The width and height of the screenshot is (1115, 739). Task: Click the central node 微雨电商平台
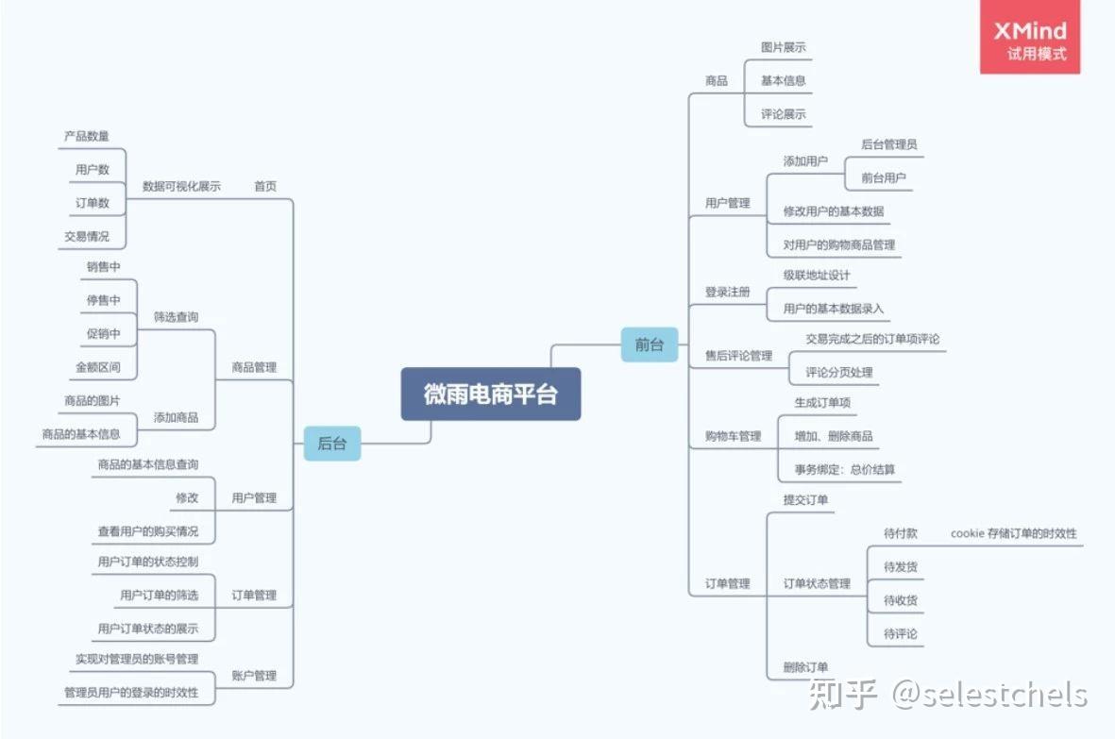[x=490, y=394]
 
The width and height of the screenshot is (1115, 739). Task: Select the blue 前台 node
[x=650, y=344]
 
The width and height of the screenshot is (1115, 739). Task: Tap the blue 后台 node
[x=331, y=443]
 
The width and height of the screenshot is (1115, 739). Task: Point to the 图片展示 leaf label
[x=783, y=47]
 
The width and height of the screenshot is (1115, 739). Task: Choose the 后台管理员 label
[x=888, y=144]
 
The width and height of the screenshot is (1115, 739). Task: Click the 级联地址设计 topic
[x=817, y=275]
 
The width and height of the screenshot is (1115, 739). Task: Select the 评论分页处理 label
[x=838, y=372]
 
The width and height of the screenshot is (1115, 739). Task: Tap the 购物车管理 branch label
[x=733, y=436]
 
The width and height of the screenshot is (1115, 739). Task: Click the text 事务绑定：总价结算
[x=845, y=469]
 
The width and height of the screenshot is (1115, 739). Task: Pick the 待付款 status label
[x=900, y=533]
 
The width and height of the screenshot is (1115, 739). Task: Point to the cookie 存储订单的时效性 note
[x=1013, y=533]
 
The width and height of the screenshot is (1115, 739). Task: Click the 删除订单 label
[x=805, y=667]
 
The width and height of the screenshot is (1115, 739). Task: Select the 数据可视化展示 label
[x=181, y=186]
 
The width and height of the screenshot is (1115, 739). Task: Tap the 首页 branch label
[x=265, y=186]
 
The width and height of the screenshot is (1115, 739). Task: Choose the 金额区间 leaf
[x=98, y=366]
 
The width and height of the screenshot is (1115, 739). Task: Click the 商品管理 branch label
[x=254, y=367]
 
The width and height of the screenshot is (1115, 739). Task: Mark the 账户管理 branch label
[x=254, y=676]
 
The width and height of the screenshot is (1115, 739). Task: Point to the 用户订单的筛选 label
[x=160, y=595]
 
